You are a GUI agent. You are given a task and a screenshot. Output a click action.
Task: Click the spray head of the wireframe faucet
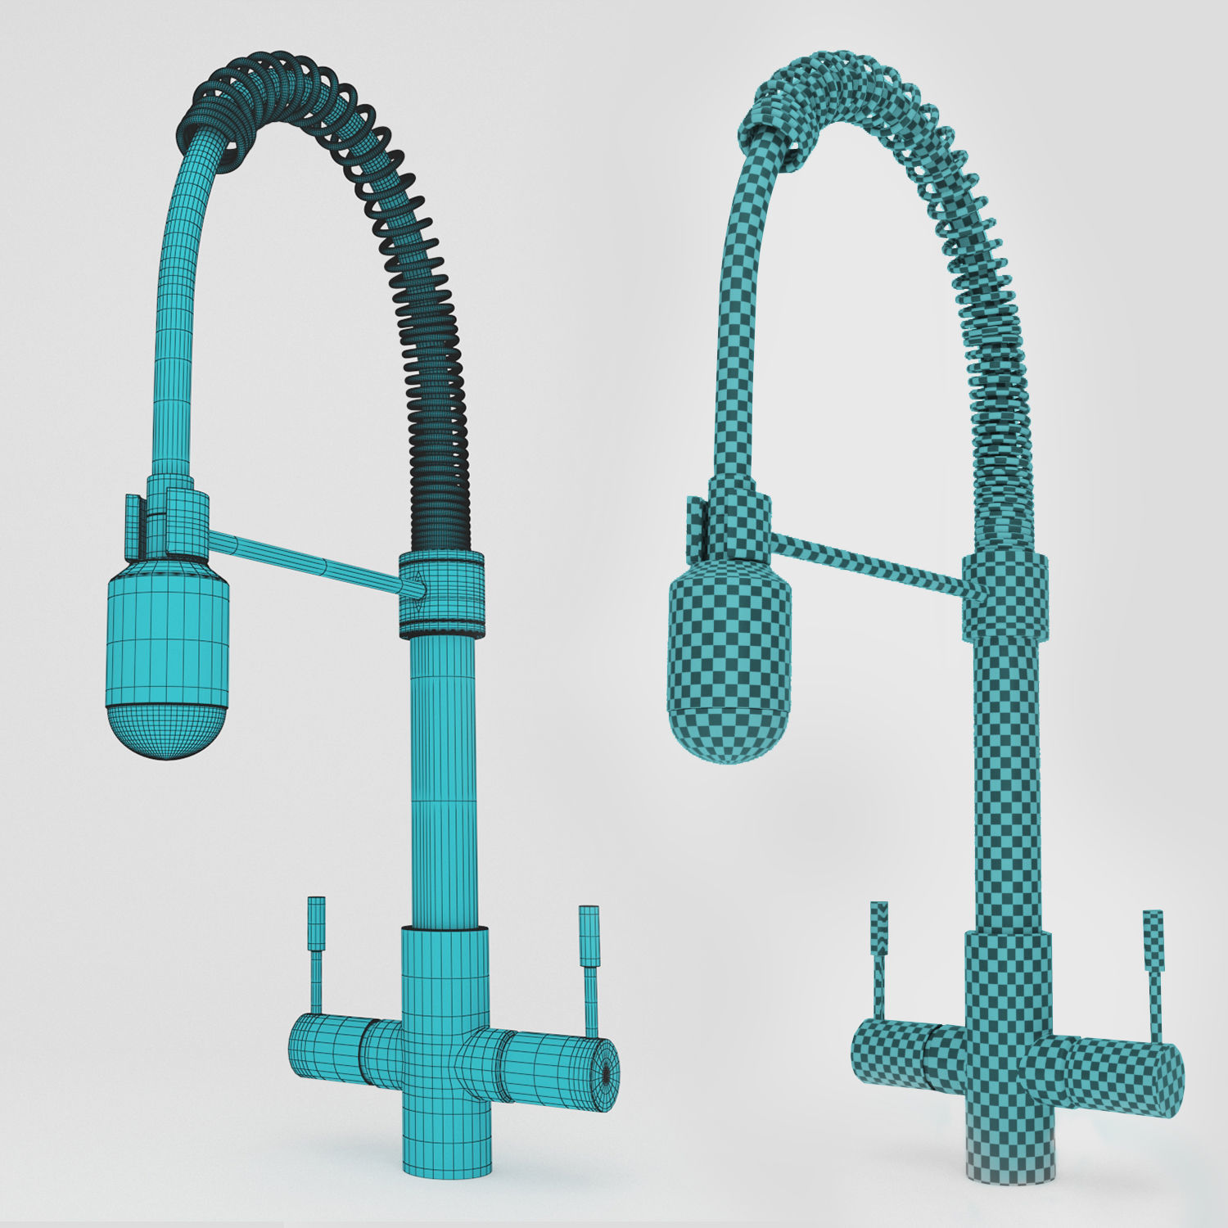pos(168,647)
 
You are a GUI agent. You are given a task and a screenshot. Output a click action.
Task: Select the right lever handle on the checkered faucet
pos(1152,966)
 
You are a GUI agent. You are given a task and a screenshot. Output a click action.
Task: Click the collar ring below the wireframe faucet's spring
pos(441,594)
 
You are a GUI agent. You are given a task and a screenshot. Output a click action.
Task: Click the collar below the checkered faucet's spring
pos(1005,594)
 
